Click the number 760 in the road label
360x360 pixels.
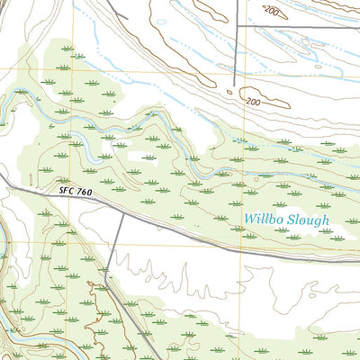[x=83, y=192]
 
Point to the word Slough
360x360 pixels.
[x=309, y=220]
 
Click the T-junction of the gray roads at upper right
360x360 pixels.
[x=238, y=26]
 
